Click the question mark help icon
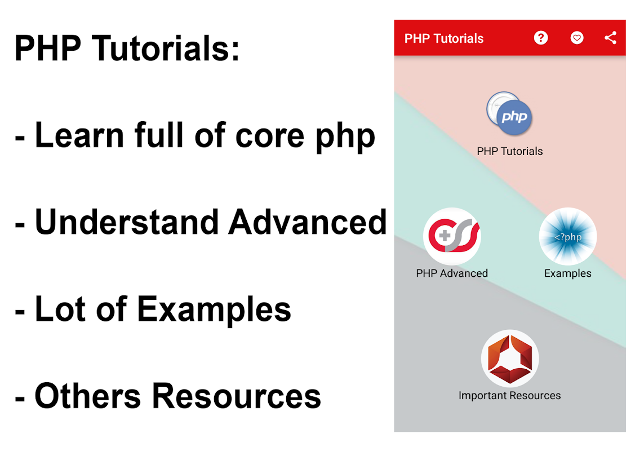[x=541, y=38]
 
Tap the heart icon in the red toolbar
[x=576, y=38]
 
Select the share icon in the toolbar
[x=610, y=38]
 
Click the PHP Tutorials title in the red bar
[x=444, y=39]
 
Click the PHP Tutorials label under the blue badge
[x=510, y=151]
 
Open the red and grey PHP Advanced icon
[x=452, y=236]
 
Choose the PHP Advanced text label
[x=452, y=273]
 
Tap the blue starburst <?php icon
[x=567, y=236]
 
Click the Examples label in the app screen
[x=567, y=273]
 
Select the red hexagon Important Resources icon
[x=510, y=359]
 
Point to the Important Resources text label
[x=510, y=396]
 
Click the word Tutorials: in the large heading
[x=166, y=48]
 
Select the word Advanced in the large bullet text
[x=308, y=222]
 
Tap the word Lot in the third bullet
[x=60, y=309]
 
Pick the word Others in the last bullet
[x=88, y=396]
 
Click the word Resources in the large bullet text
[x=237, y=396]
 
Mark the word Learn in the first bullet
[x=79, y=135]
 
